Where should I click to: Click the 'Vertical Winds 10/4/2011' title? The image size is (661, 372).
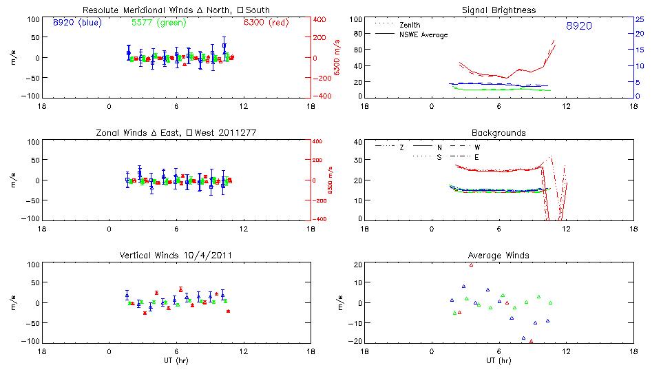coord(176,256)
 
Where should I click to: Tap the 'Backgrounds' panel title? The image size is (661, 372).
coord(499,132)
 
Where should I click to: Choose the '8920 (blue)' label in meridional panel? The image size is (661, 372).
coord(76,22)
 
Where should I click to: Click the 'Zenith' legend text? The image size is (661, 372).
coord(410,25)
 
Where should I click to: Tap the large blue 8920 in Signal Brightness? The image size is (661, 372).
coord(579,26)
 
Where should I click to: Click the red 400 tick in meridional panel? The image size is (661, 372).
coord(320,19)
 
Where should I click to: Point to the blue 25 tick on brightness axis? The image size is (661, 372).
coord(639,19)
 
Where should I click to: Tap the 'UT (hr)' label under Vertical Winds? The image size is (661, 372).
coord(176,360)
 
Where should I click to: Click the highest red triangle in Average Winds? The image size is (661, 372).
coord(471,265)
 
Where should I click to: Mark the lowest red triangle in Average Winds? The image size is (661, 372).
coord(531,340)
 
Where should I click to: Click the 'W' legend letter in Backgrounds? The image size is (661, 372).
coord(476,147)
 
